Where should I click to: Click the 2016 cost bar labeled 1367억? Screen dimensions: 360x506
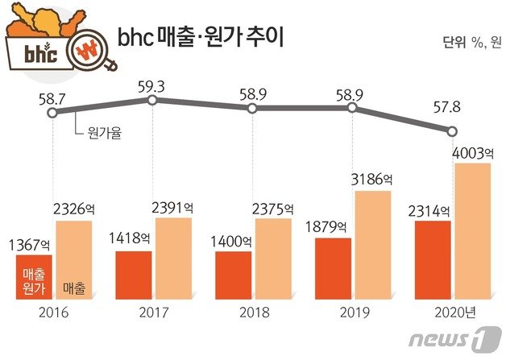[x=34, y=276]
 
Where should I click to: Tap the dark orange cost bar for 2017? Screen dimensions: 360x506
[x=134, y=275]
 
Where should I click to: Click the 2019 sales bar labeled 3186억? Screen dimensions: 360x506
[x=371, y=244]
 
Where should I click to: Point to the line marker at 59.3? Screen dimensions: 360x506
[x=153, y=101]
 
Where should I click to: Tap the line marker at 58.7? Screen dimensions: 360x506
[x=53, y=114]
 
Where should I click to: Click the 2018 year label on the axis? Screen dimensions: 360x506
[x=253, y=310]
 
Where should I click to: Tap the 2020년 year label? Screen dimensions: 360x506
[x=455, y=310]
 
